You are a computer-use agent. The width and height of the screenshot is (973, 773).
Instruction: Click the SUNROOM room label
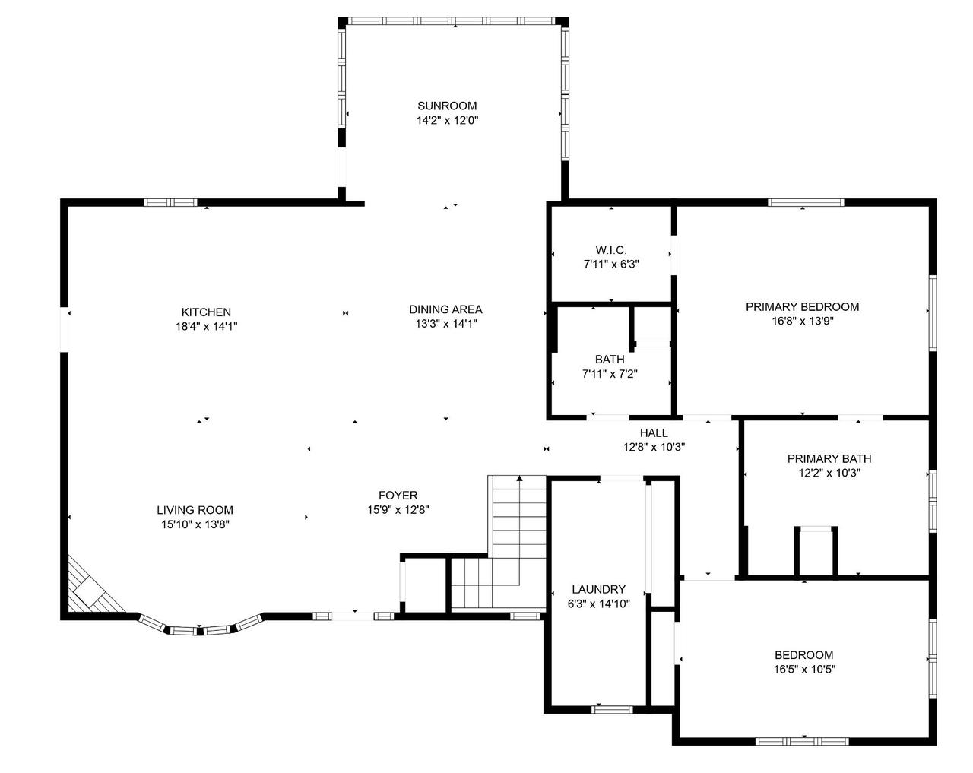pos(447,106)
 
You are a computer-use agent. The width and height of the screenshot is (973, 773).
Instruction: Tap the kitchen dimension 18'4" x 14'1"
pos(205,326)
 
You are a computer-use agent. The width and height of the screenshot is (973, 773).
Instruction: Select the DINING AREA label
pos(445,309)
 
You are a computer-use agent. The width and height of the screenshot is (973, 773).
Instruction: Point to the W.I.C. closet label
pos(610,250)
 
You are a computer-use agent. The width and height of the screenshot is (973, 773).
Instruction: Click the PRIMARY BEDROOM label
pos(802,307)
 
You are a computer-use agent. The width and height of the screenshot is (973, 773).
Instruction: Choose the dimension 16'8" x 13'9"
pos(802,321)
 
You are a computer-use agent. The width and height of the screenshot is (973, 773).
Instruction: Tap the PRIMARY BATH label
pos(829,458)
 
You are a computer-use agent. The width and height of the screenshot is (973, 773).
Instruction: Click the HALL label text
pos(654,433)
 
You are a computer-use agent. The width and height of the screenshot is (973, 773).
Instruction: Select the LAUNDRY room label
pos(598,589)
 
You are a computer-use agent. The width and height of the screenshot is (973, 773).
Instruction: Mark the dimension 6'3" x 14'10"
pos(598,603)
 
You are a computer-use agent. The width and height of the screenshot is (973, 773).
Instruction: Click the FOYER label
pos(398,496)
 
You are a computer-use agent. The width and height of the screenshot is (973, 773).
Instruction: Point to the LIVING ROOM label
pos(195,510)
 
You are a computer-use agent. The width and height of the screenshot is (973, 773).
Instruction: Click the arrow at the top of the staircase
pos(520,479)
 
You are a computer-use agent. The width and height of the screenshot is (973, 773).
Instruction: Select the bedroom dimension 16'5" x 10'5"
pos(803,669)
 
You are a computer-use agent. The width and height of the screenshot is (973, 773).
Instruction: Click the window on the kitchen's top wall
pos(171,202)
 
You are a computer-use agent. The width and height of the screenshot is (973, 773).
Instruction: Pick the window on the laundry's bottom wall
pos(612,709)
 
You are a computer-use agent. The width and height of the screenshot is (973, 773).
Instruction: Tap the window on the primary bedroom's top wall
pos(805,202)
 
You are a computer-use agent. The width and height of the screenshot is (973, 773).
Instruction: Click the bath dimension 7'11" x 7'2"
pos(610,373)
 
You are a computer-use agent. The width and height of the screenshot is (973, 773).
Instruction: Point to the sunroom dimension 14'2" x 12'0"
pos(447,120)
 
